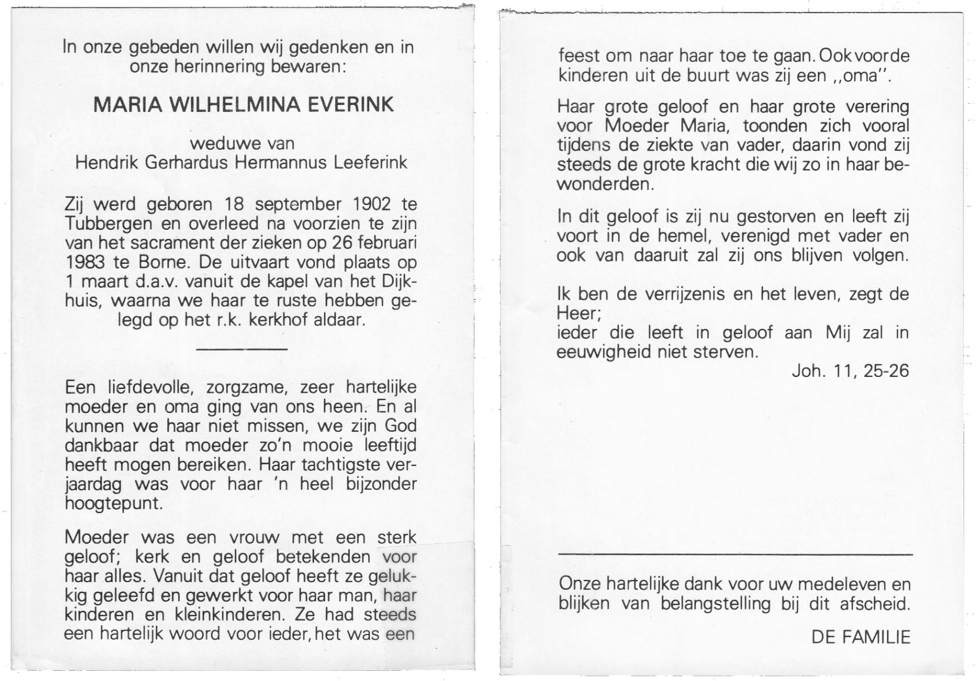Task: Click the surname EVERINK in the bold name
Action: point(351,105)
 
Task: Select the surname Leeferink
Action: point(371,163)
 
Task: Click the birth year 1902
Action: point(371,204)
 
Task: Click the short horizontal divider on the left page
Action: point(242,348)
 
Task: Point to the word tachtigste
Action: point(340,465)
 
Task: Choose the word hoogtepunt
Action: point(113,503)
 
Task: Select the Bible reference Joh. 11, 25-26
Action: point(850,371)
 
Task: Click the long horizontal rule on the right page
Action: point(735,553)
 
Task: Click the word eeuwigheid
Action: point(605,352)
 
